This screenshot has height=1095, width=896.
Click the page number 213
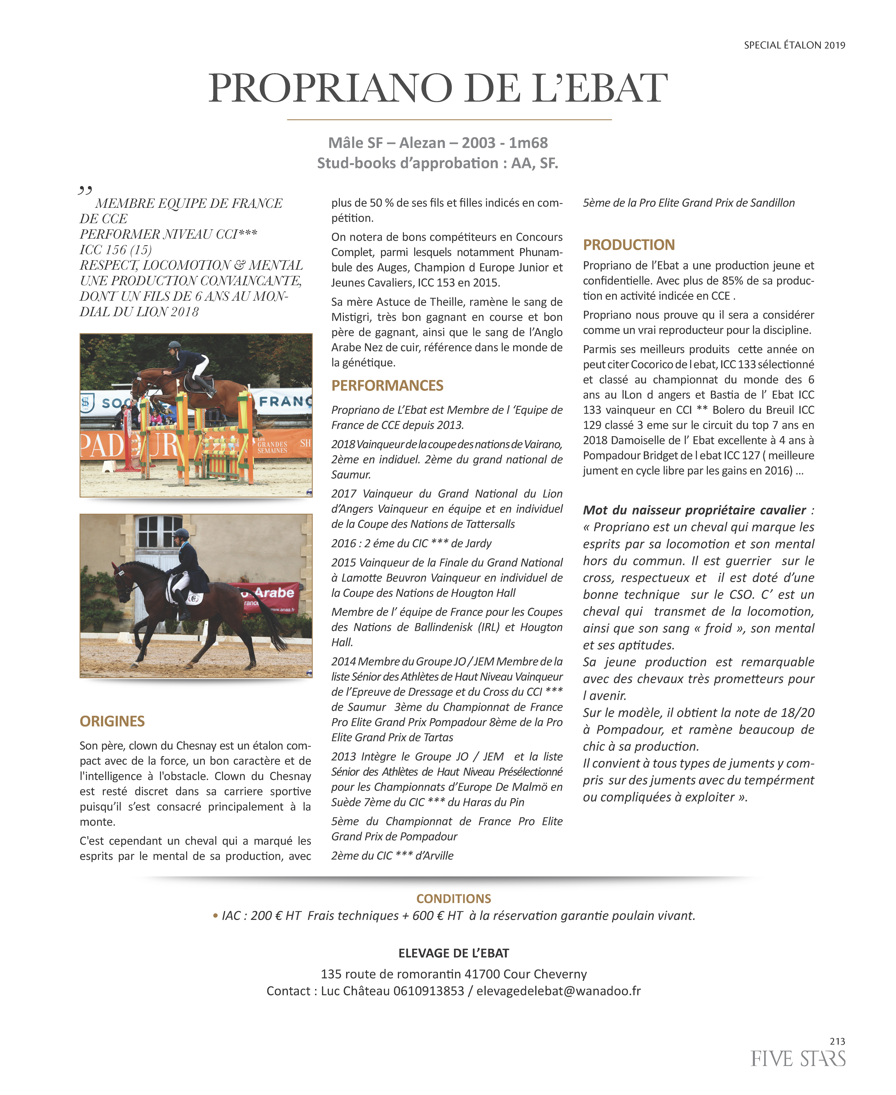[x=837, y=1041]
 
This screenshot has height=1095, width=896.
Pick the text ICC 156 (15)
[x=116, y=250]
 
